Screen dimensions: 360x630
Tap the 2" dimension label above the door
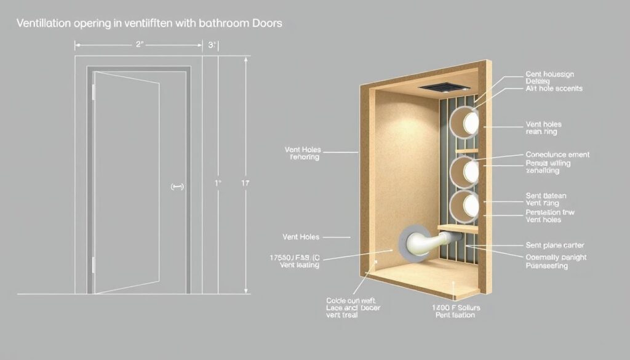[x=139, y=45]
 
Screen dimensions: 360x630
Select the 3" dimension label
[x=213, y=45]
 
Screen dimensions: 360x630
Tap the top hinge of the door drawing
[x=94, y=92]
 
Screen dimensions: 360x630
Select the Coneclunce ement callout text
[x=557, y=154]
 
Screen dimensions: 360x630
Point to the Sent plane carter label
[x=554, y=245]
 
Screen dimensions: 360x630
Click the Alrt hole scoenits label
[x=554, y=89]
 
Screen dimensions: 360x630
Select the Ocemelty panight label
[x=555, y=257]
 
